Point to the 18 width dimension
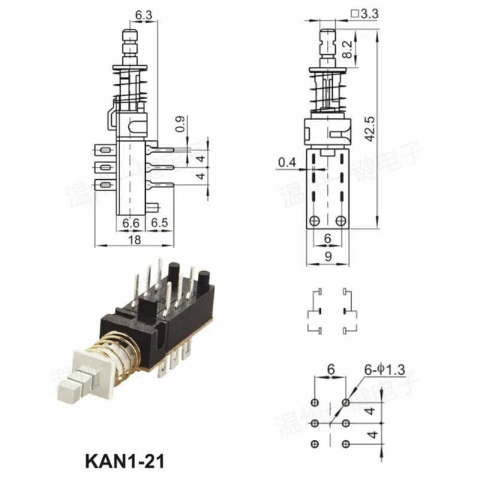pyautogui.click(x=134, y=240)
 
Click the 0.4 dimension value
pyautogui.click(x=286, y=161)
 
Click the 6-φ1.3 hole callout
pyautogui.click(x=385, y=370)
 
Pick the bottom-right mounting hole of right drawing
pyautogui.click(x=341, y=221)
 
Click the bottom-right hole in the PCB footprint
pyautogui.click(x=347, y=443)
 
